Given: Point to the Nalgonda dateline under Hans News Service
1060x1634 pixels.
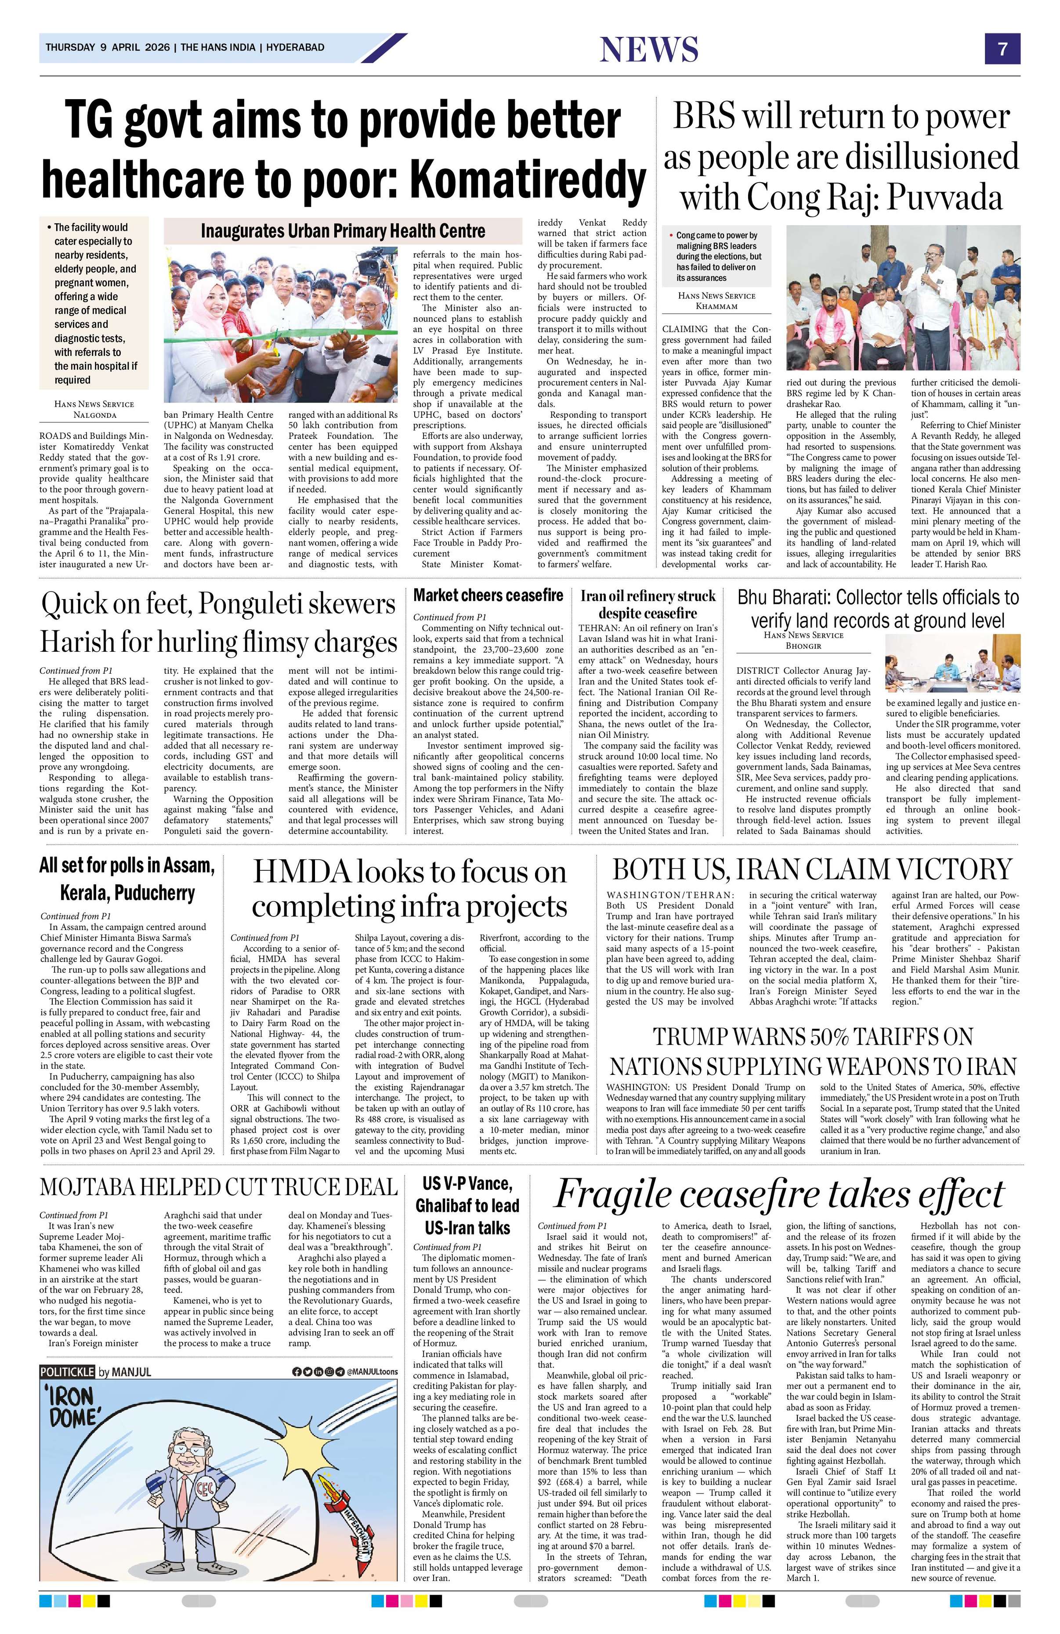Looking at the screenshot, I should coord(94,415).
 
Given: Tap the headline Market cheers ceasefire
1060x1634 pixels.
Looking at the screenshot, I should coord(488,595).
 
